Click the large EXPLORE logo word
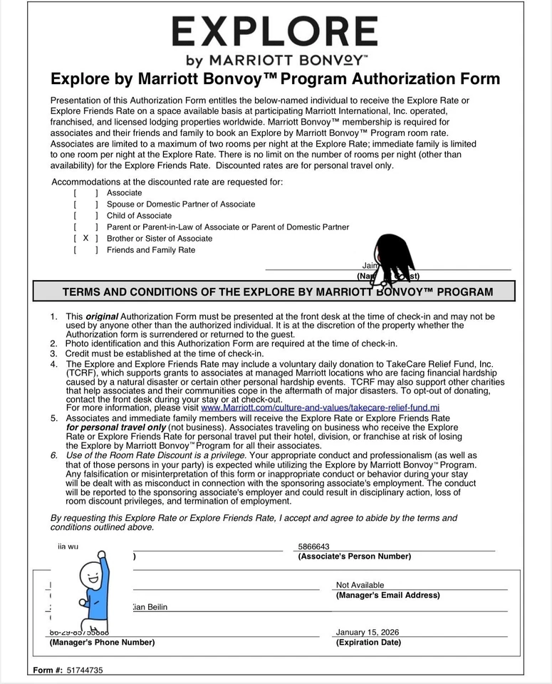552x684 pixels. tap(275, 32)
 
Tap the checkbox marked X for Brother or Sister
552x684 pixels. tap(85, 239)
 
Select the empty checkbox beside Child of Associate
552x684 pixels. tap(85, 216)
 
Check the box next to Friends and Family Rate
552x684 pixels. tap(85, 250)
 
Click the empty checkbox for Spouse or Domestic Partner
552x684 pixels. tap(85, 204)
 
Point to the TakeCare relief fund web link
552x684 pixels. tap(321, 408)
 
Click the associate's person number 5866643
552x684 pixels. tap(314, 546)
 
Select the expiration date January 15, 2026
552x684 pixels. tap(368, 632)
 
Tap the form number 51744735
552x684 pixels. tap(85, 670)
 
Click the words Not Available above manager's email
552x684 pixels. tap(360, 585)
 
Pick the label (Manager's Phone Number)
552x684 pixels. tap(102, 643)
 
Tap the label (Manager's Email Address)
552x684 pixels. tap(387, 595)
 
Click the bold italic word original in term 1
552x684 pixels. tap(102, 316)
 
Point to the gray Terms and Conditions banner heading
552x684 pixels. tap(277, 292)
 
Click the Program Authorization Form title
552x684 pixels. tap(275, 78)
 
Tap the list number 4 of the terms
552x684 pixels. tap(53, 364)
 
